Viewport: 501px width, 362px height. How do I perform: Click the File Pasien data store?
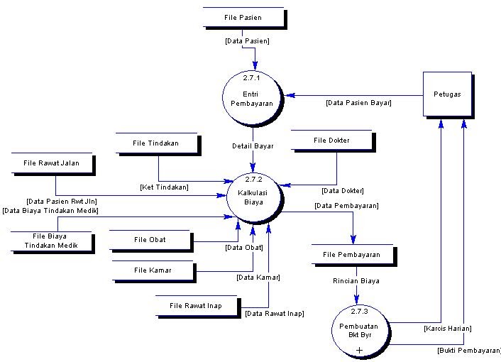tap(242, 18)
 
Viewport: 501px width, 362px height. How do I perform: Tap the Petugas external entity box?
tap(447, 94)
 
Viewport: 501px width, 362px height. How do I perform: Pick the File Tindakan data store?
tap(155, 143)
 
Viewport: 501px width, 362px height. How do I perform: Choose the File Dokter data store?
tap(331, 141)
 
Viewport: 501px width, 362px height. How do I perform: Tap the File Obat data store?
tap(150, 240)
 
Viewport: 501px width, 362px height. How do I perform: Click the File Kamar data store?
tap(153, 270)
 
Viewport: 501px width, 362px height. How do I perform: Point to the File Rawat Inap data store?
tap(196, 306)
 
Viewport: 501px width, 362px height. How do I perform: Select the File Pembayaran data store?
tap(351, 255)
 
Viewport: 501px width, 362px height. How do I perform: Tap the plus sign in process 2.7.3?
tap(360, 350)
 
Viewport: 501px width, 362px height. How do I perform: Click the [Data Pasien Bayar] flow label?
tap(358, 103)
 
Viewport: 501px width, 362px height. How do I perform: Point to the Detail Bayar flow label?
tap(253, 146)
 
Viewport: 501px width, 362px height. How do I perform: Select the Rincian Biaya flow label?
tap(356, 281)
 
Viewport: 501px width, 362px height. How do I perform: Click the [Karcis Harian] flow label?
tap(447, 329)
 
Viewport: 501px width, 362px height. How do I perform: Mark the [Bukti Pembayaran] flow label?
tap(469, 351)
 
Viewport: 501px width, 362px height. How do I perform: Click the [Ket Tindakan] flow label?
tap(164, 187)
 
